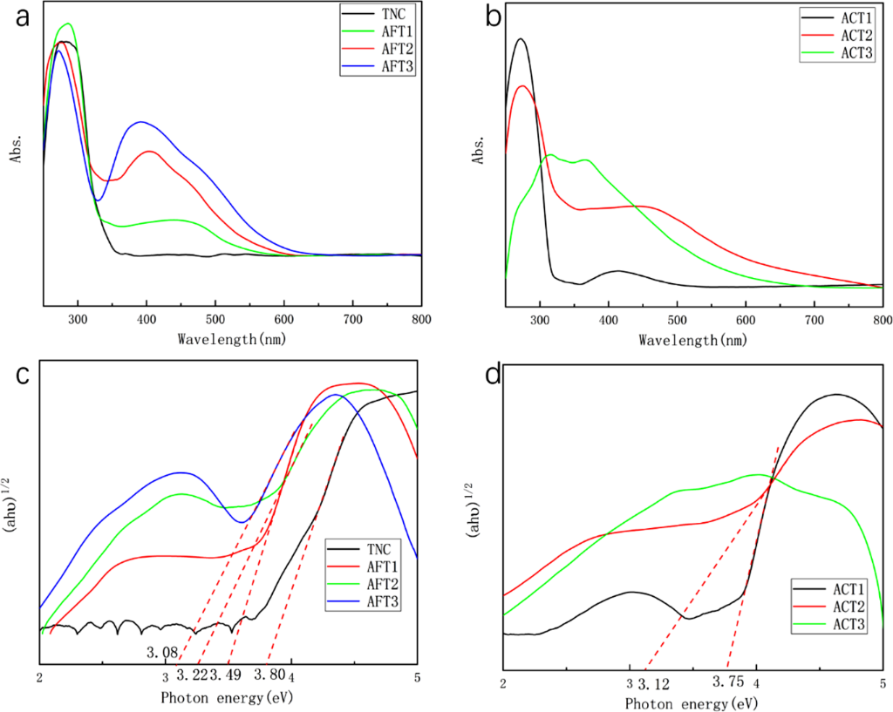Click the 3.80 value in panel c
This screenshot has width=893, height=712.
(x=269, y=675)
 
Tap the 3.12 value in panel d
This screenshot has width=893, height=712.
(x=653, y=684)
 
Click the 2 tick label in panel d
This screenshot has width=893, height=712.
(x=503, y=684)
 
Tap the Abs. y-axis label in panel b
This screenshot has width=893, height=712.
(x=479, y=148)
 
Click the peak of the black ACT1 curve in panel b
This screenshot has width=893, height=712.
(x=521, y=38)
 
